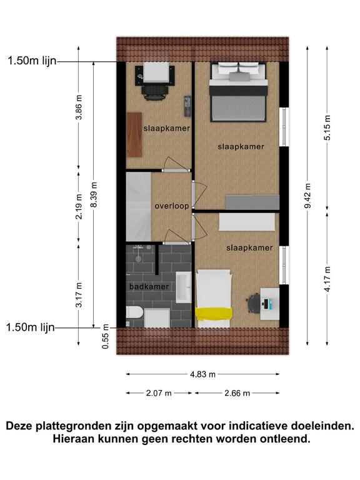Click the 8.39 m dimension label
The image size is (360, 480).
(94, 195)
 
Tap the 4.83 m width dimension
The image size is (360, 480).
(202, 374)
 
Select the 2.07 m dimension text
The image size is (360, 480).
(159, 393)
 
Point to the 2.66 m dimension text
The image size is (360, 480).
(237, 393)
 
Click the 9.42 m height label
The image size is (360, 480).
(307, 196)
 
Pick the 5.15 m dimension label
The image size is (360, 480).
(327, 127)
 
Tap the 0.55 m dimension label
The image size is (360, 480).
(106, 336)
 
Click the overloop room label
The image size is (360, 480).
(172, 206)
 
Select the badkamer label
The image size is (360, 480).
(149, 286)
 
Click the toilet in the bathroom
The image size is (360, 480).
(135, 312)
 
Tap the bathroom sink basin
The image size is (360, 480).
(184, 287)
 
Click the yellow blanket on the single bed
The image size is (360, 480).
(214, 314)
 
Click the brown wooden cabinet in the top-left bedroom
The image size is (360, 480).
(134, 135)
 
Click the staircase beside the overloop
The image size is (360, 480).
(139, 207)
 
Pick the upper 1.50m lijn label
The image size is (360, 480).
(32, 61)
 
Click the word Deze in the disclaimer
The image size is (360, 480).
(20, 426)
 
